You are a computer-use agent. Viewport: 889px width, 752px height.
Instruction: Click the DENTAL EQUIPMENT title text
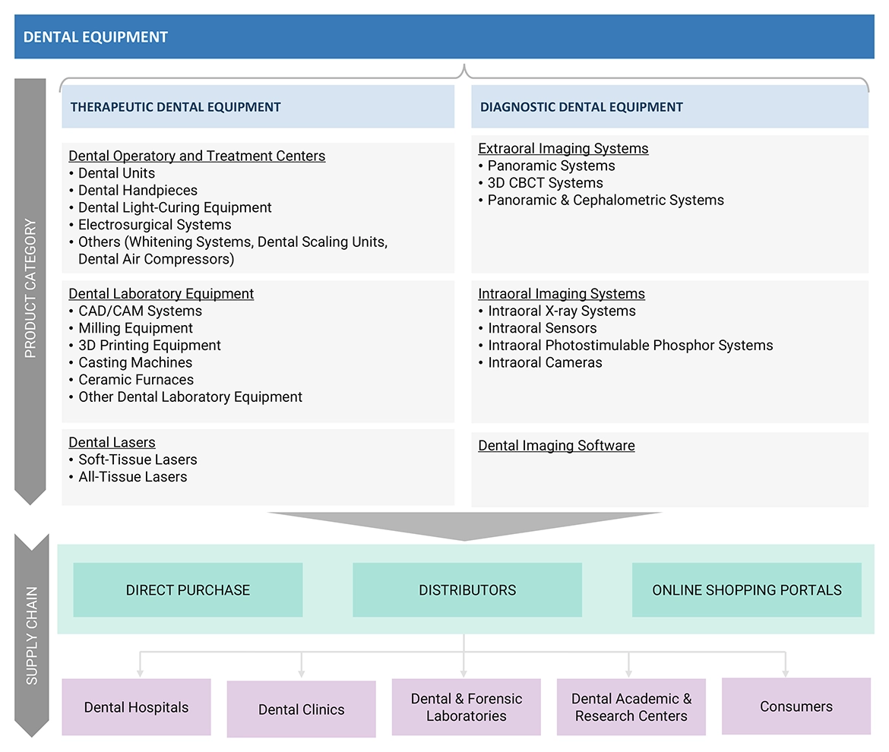[x=96, y=36]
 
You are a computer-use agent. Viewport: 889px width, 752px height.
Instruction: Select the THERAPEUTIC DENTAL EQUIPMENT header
[x=176, y=107]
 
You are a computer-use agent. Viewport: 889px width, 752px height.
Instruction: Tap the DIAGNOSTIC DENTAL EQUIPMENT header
[x=581, y=107]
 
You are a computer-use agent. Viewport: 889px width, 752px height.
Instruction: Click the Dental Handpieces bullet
[x=138, y=191]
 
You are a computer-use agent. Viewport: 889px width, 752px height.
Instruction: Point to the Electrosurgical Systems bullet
[x=154, y=225]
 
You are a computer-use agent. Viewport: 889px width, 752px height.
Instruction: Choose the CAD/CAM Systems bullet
[x=140, y=311]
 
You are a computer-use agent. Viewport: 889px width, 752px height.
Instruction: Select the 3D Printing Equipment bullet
[x=150, y=346]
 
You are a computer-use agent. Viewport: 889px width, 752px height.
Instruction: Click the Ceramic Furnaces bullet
[x=136, y=380]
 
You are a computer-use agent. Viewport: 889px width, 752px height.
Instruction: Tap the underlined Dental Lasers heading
[x=112, y=443]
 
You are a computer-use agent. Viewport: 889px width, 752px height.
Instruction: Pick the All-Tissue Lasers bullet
[x=132, y=477]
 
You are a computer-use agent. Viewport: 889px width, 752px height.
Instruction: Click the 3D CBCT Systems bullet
[x=545, y=183]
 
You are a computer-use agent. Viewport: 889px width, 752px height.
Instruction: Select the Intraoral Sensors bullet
[x=542, y=328]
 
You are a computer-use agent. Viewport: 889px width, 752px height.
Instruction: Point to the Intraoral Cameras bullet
[x=545, y=363]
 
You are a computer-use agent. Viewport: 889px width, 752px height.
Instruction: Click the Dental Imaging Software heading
[x=556, y=446]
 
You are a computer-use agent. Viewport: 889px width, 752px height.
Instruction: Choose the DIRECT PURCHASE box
[x=188, y=590]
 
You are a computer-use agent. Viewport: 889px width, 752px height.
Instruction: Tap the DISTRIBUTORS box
[x=467, y=590]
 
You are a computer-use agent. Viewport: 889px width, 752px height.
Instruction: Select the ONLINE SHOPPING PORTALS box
[x=746, y=590]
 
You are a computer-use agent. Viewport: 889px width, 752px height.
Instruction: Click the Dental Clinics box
[x=301, y=709]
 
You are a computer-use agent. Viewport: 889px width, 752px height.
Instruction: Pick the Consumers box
[x=796, y=706]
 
